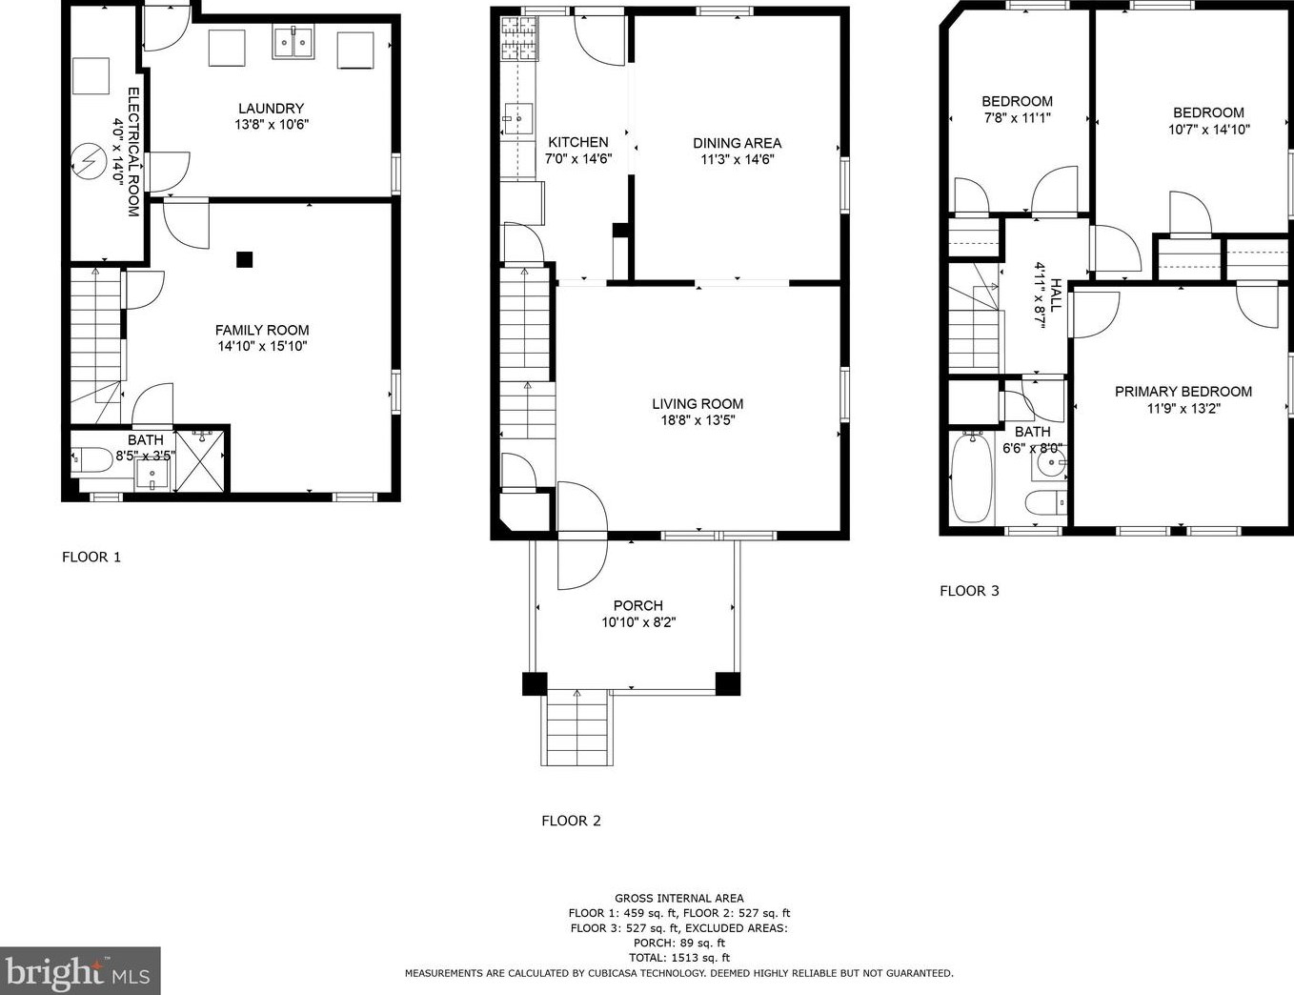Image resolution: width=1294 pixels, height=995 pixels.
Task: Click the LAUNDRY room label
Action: point(271,109)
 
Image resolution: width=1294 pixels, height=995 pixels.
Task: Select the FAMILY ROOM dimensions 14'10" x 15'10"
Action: point(262,347)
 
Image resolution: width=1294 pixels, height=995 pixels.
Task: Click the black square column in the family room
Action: point(245,259)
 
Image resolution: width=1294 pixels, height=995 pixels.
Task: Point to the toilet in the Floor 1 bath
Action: point(92,460)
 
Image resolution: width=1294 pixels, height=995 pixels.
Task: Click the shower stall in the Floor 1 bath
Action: point(199,461)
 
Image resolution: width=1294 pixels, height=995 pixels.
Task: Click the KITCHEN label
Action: point(577,142)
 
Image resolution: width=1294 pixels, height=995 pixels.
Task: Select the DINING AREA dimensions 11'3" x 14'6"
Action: point(737,160)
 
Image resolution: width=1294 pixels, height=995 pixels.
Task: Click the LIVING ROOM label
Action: point(698,403)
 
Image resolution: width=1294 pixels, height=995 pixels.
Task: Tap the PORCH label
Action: point(637,605)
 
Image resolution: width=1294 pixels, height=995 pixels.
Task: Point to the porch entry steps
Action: point(576,729)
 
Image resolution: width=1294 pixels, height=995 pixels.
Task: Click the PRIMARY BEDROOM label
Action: point(1183,392)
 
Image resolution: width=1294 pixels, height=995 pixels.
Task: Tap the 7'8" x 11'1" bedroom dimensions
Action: point(1017,118)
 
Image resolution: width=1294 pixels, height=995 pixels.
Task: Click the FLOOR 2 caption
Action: point(571,821)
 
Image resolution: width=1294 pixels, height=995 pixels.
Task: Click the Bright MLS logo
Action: point(80,971)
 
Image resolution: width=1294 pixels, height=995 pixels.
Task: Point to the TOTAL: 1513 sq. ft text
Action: point(678,958)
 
